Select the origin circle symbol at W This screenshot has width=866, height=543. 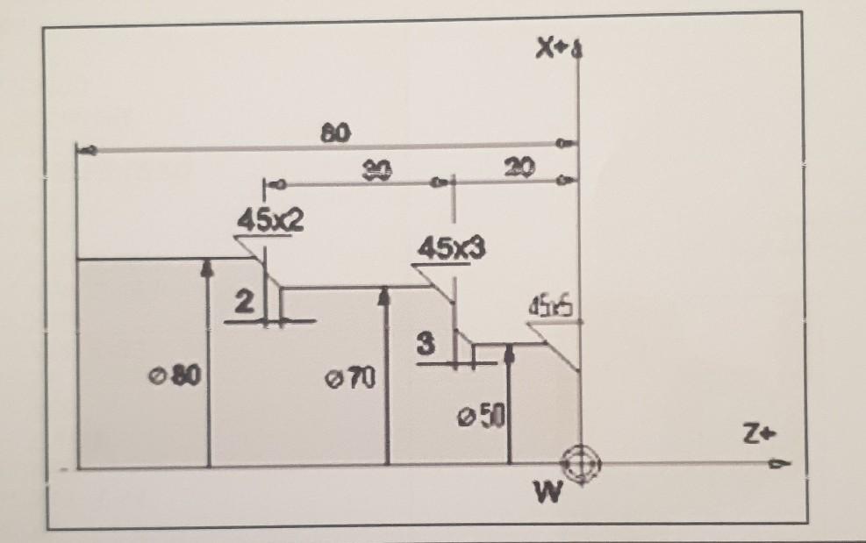coord(579,462)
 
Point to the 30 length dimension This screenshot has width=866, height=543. coord(378,168)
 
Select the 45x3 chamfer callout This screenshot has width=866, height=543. coord(451,248)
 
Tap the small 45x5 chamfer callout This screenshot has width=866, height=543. coord(551,308)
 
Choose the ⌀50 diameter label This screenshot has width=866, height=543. coord(481,415)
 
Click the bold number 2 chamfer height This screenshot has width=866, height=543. coord(246,304)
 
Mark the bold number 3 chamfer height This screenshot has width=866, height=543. coord(426,346)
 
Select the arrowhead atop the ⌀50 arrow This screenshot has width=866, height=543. coord(511,351)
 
